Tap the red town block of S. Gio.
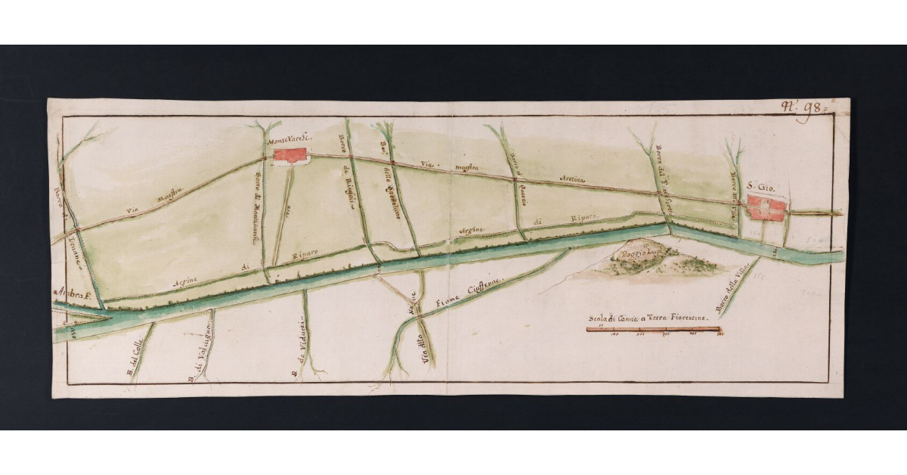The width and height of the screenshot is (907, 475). [767, 207]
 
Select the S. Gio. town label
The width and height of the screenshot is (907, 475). [762, 186]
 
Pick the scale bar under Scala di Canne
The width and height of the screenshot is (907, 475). [654, 330]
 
